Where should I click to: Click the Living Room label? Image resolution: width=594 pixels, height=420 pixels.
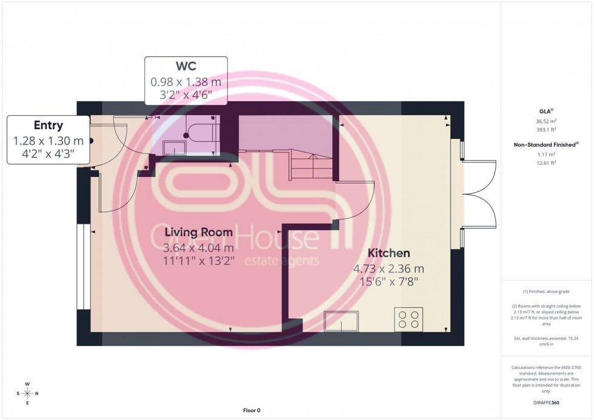[x=198, y=232]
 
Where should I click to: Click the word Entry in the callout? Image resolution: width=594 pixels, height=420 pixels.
[x=48, y=125]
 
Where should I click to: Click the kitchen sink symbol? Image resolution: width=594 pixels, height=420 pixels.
[x=341, y=321]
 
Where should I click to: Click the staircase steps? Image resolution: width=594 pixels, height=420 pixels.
[x=312, y=164]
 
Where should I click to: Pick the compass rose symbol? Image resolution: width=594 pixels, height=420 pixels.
[x=27, y=393]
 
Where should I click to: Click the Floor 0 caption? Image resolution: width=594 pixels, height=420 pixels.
[x=250, y=410]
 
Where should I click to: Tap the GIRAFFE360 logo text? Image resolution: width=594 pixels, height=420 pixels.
[x=547, y=402]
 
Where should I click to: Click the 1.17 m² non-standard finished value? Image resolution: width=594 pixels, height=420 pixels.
[x=547, y=155]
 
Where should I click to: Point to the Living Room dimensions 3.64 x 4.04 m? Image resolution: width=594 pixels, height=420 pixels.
[x=198, y=247]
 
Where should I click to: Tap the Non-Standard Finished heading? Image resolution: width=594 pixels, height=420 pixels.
[x=546, y=144]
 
